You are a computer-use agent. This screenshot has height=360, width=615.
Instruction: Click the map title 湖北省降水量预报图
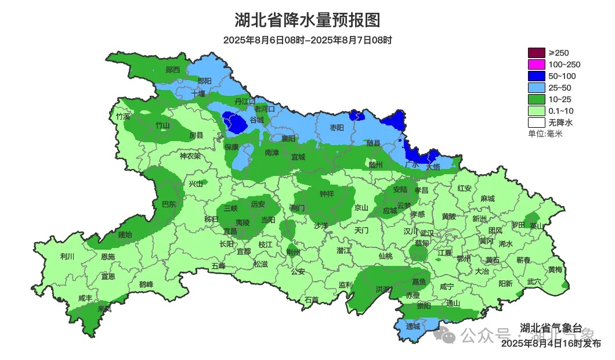307,20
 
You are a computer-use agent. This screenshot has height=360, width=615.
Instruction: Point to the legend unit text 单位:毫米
545,134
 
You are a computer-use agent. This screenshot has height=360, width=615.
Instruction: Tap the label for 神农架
190,156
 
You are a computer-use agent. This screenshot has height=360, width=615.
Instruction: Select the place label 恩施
108,257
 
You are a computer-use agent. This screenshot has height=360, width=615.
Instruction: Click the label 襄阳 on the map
288,139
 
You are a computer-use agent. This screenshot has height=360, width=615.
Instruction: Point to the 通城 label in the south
413,326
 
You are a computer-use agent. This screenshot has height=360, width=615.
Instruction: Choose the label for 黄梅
555,270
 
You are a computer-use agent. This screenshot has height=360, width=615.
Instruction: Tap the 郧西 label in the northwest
173,70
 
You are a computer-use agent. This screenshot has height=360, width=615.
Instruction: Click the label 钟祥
327,194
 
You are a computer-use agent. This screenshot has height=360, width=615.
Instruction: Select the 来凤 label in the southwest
104,309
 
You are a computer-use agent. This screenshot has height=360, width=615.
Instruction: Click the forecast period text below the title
307,40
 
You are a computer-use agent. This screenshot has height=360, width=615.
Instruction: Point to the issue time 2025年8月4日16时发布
551,344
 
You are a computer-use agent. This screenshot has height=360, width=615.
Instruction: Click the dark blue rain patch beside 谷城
237,123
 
